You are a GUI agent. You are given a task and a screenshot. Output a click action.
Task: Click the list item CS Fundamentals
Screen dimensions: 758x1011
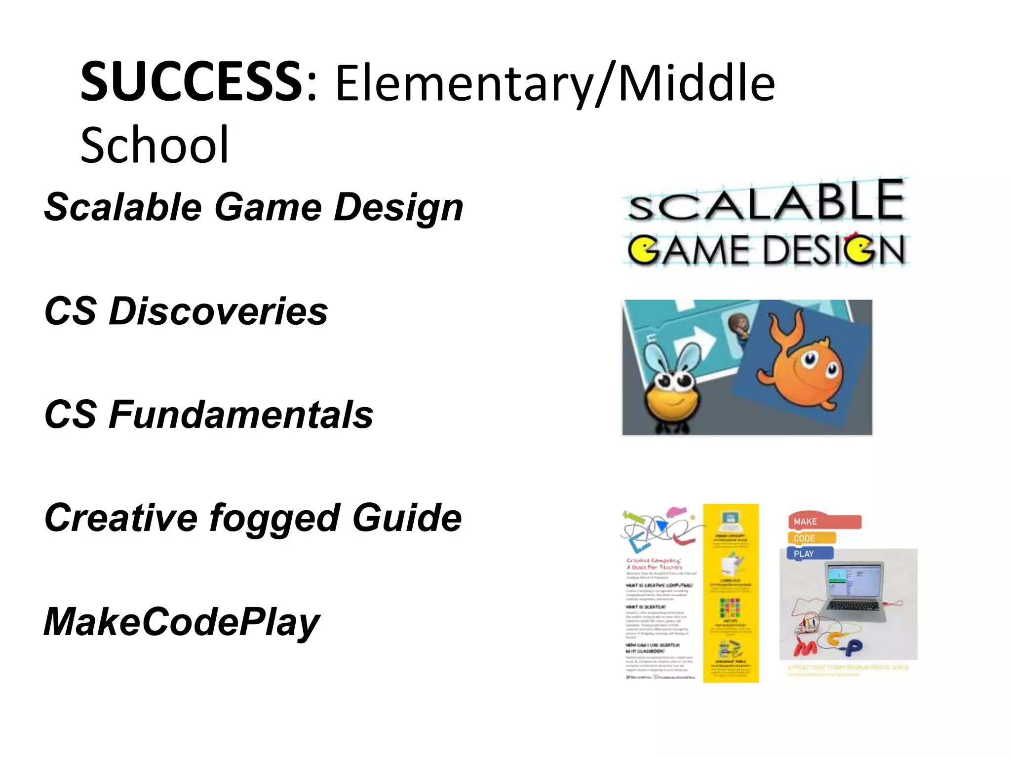[208, 415]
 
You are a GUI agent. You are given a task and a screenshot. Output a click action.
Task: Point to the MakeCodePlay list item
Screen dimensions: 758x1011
[182, 622]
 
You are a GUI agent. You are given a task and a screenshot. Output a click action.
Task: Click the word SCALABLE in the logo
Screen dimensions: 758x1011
[766, 202]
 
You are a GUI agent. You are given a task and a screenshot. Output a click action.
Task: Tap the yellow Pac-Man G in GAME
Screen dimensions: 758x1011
[643, 250]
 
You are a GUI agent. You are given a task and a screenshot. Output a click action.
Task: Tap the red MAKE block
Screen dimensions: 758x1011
[823, 522]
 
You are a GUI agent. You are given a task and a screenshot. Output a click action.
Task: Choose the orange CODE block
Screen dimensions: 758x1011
[811, 538]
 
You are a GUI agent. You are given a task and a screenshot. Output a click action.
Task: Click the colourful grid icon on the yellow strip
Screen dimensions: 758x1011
[730, 608]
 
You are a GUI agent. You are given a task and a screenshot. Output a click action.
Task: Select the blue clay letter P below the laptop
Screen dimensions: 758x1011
[853, 647]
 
